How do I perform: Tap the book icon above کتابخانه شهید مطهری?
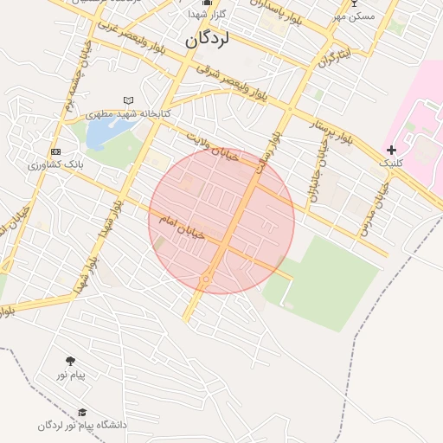pos(129,101)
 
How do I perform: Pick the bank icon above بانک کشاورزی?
pos(56,152)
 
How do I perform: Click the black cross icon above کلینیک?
pos(391,151)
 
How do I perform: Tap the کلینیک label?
pos(391,163)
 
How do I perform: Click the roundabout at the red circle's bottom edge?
pos(206,279)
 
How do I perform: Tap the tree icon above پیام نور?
pos(70,361)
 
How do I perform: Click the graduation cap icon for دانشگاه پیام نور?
pos(82,413)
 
